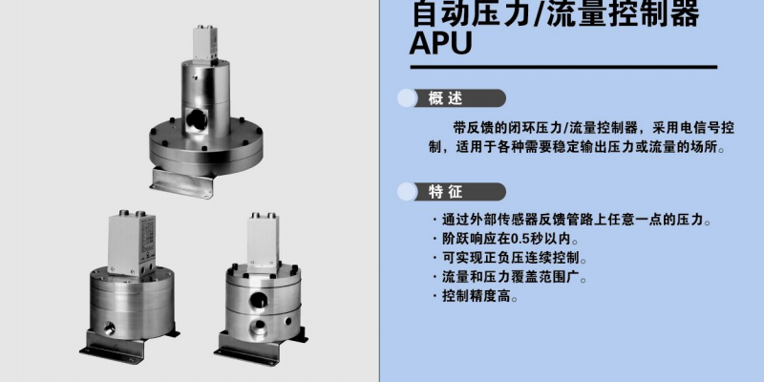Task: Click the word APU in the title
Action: click(x=441, y=42)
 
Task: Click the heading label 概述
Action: click(x=445, y=98)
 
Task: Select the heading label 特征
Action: click(x=445, y=192)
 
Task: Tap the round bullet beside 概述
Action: click(x=407, y=98)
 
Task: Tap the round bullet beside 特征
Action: click(x=407, y=192)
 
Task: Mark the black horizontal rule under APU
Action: click(x=563, y=67)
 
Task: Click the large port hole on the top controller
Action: click(x=196, y=118)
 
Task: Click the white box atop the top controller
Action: click(x=204, y=43)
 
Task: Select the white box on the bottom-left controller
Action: click(x=132, y=243)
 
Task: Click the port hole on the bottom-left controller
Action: click(x=108, y=329)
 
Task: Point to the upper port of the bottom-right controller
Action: click(x=257, y=300)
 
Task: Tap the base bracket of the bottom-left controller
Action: click(x=129, y=346)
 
